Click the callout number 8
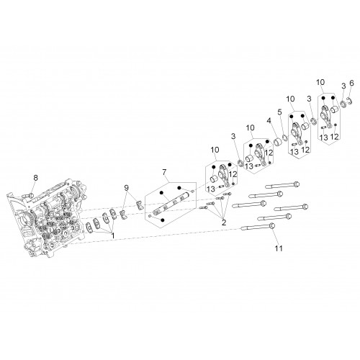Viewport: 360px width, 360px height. click(x=35, y=178)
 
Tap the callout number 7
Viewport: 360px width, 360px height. click(x=164, y=172)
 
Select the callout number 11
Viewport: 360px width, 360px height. click(x=279, y=248)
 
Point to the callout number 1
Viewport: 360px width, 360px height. click(x=112, y=235)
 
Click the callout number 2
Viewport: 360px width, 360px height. click(x=224, y=222)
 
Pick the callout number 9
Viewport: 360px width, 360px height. click(x=127, y=188)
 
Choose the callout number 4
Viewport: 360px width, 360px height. click(x=269, y=120)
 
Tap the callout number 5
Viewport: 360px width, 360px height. click(x=279, y=112)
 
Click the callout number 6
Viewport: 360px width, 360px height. click(x=351, y=84)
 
